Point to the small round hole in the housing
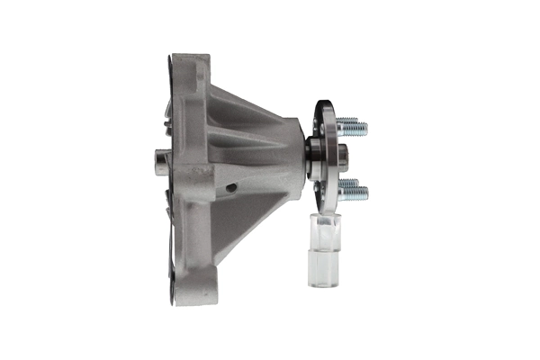[231, 187]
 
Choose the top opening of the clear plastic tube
[325, 217]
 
